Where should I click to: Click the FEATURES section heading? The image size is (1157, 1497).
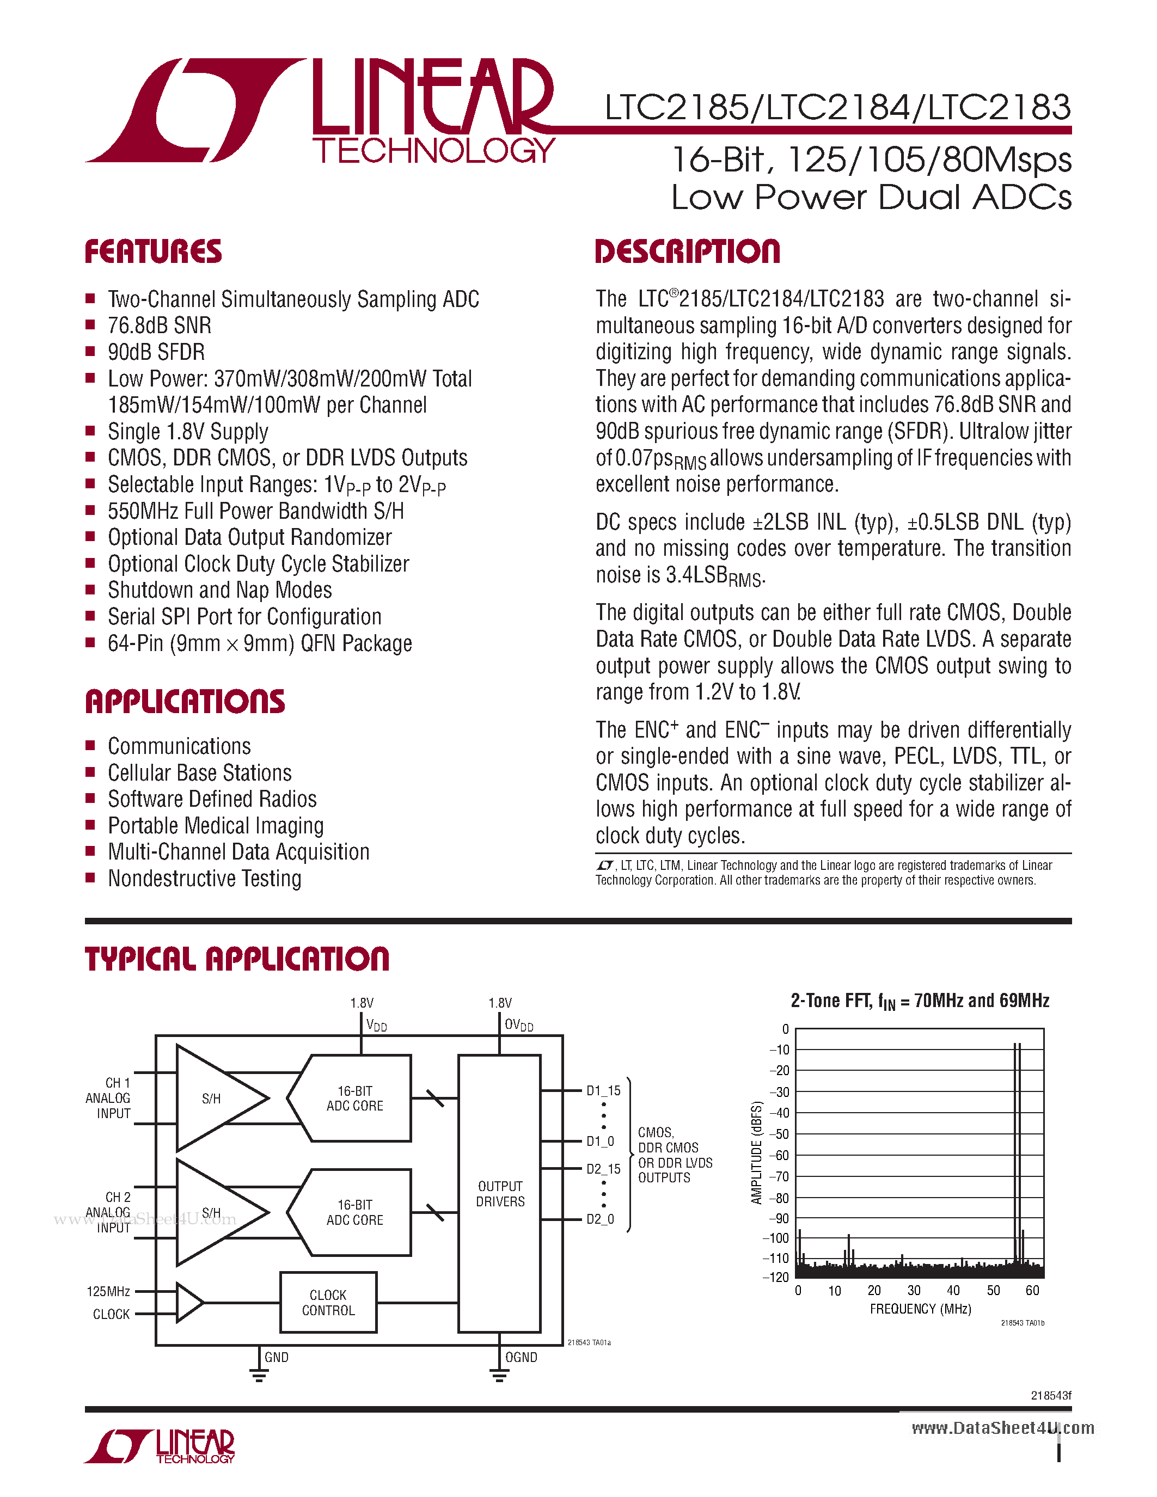click(153, 251)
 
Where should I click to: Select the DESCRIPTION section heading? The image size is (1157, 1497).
click(688, 251)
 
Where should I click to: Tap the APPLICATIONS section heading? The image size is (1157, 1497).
click(185, 702)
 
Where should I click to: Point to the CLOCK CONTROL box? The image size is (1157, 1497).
click(328, 1302)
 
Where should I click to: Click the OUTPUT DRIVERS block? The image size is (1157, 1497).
click(500, 1193)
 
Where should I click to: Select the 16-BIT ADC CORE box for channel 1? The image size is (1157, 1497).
click(354, 1098)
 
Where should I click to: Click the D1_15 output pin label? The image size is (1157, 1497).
click(603, 1090)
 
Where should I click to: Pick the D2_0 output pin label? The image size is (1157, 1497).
click(600, 1219)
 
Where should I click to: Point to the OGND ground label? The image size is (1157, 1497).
click(521, 1357)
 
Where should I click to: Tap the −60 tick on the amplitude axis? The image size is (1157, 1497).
click(779, 1156)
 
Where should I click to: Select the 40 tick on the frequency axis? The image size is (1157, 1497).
click(953, 1291)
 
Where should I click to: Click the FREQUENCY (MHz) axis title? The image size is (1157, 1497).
click(921, 1309)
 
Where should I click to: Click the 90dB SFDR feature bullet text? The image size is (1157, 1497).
click(156, 352)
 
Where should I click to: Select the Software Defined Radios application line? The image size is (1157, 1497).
click(212, 799)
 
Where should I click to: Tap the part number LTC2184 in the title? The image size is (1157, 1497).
click(838, 108)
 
